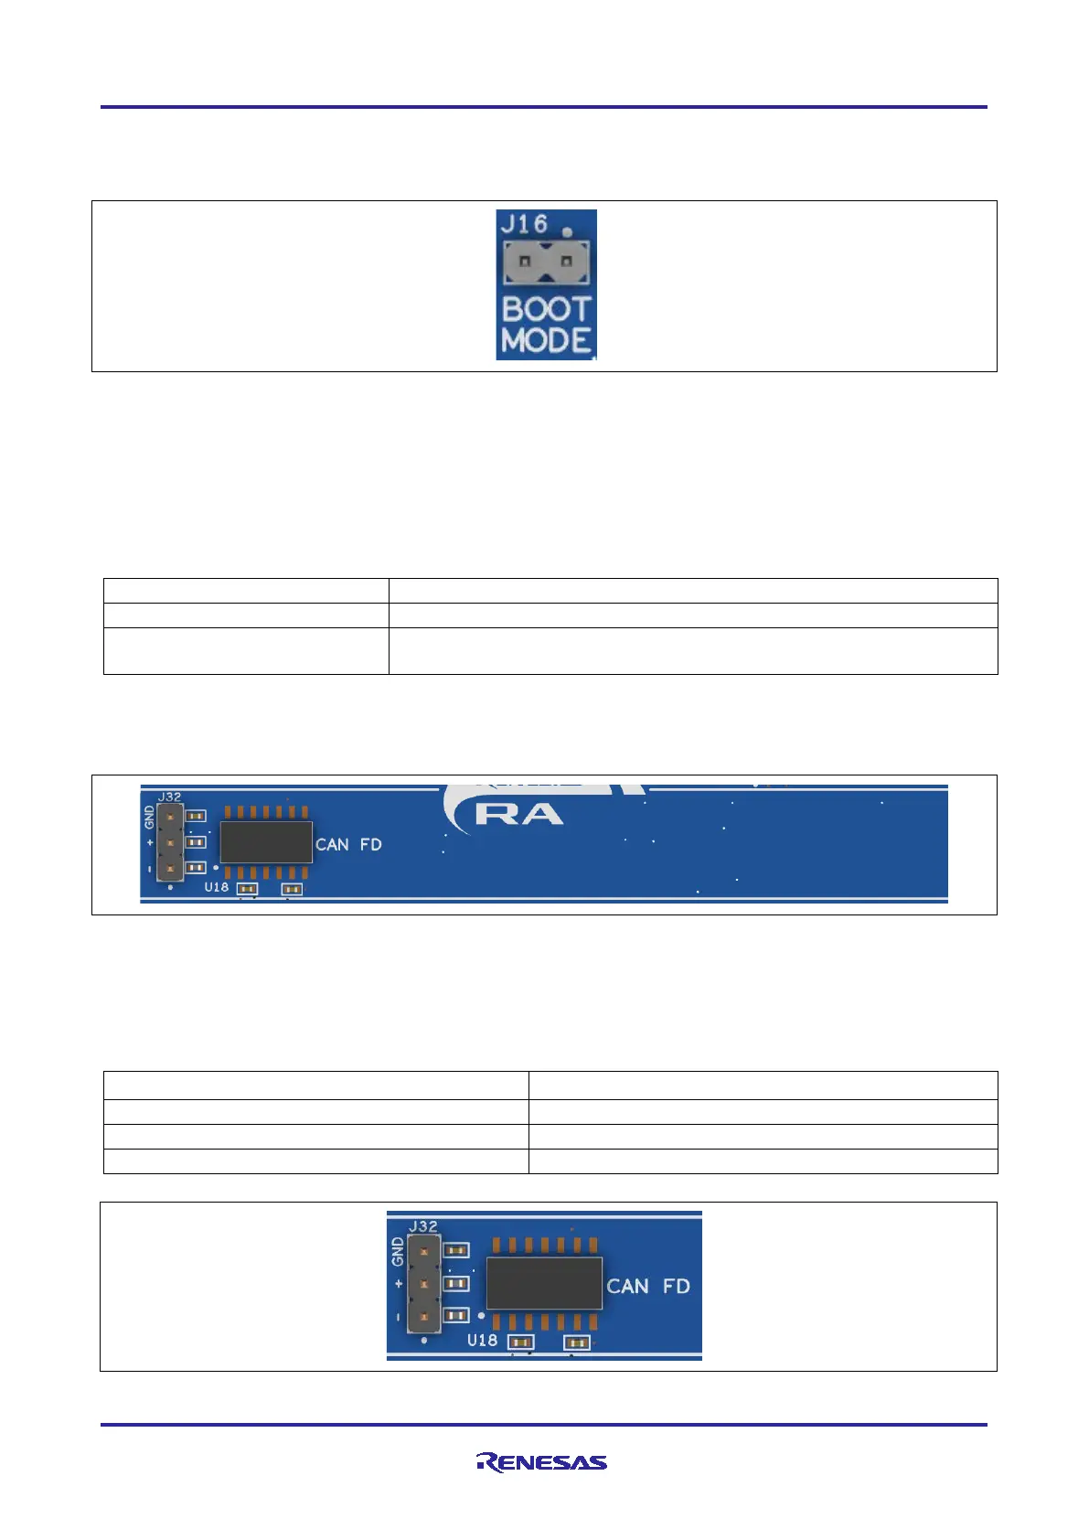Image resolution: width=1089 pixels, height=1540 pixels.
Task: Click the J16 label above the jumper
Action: tap(524, 224)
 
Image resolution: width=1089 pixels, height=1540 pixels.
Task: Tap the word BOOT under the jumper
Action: tap(547, 309)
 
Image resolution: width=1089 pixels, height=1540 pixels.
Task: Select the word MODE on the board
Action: tap(546, 341)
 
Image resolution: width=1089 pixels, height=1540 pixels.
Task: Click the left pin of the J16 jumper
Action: tap(525, 262)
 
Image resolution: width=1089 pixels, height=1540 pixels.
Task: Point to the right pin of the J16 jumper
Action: tap(566, 262)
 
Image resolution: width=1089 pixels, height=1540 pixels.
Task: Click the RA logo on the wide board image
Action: tap(518, 814)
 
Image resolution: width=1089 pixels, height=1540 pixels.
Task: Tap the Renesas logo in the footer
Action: tap(542, 1462)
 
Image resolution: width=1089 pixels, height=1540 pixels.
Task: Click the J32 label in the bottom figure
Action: tap(422, 1225)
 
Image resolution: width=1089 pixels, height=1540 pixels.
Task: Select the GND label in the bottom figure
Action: tap(397, 1251)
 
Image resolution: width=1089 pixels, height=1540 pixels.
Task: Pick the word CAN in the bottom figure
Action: tap(627, 1287)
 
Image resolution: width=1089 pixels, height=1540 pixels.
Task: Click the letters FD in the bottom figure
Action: tap(676, 1287)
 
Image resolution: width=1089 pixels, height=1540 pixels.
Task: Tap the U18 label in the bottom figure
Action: tap(482, 1340)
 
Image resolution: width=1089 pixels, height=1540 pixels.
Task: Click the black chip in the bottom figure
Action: tap(544, 1283)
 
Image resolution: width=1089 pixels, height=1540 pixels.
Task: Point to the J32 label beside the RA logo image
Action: tap(169, 797)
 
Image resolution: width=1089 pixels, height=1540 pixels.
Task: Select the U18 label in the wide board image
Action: tap(216, 887)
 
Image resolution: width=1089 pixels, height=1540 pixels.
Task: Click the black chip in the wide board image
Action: tap(266, 842)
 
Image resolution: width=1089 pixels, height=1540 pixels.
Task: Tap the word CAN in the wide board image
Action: tap(332, 845)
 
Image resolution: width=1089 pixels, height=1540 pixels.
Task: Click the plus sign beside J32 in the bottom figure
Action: tap(399, 1284)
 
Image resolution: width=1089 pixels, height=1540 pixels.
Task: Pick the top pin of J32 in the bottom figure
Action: tap(423, 1250)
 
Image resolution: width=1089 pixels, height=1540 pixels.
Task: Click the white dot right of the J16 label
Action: tap(567, 232)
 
